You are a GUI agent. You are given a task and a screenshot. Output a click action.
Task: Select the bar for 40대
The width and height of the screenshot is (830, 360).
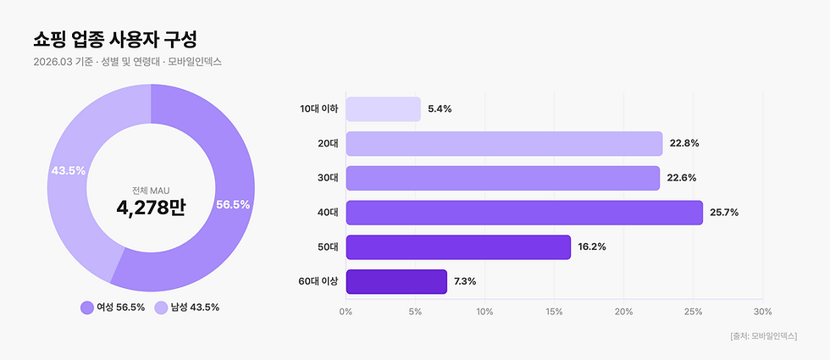tap(523, 213)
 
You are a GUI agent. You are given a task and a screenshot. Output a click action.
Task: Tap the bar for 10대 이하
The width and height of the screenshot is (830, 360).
tap(383, 109)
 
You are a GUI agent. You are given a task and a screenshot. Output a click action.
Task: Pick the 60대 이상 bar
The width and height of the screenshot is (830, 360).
tap(396, 281)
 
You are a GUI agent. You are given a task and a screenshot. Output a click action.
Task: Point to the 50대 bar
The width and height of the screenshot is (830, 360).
tap(458, 247)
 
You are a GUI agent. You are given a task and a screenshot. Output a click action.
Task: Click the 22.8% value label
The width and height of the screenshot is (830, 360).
tap(683, 143)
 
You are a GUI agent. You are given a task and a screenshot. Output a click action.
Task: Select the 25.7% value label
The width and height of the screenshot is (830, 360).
tap(724, 213)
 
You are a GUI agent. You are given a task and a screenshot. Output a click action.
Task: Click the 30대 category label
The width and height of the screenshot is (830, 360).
tap(328, 178)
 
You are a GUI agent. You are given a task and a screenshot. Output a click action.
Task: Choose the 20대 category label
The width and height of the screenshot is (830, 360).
tap(328, 143)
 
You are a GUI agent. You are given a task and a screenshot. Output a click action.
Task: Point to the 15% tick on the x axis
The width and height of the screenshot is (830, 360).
tap(554, 312)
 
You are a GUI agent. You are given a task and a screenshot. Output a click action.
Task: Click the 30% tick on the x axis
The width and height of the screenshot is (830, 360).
tap(762, 312)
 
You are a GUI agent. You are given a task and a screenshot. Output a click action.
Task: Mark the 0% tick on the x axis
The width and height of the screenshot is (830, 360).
tap(346, 312)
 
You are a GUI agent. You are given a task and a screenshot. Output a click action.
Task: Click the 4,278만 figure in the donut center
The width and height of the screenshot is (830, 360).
tap(150, 207)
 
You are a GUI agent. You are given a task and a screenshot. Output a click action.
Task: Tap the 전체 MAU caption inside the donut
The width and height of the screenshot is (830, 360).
tap(150, 190)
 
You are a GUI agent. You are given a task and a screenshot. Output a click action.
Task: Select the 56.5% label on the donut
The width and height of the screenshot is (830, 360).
tap(233, 205)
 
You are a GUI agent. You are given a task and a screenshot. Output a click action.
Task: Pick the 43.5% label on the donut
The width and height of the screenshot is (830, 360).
tap(69, 170)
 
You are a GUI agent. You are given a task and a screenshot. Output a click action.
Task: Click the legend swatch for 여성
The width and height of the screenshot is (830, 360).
tap(86, 307)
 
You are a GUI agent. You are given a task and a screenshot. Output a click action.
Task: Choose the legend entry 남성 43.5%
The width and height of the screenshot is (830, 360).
tap(187, 307)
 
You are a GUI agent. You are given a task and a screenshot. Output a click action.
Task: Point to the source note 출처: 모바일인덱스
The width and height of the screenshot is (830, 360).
tap(762, 336)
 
